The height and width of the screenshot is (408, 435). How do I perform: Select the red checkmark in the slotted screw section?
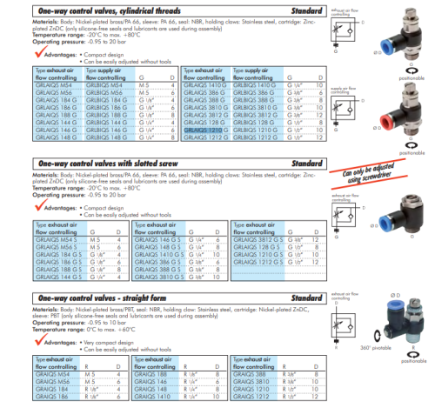(39, 210)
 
